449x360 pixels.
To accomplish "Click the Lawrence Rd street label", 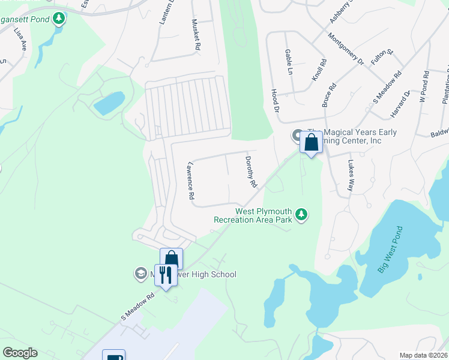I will [191, 180].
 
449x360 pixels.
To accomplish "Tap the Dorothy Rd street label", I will [251, 171].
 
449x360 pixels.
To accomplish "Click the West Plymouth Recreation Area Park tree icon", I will [302, 214].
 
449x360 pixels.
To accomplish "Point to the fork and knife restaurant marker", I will [165, 275].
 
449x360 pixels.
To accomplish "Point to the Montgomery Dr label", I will [346, 49].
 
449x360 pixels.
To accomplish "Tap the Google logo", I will [20, 353].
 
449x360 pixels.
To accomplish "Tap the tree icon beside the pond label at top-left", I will [58, 19].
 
